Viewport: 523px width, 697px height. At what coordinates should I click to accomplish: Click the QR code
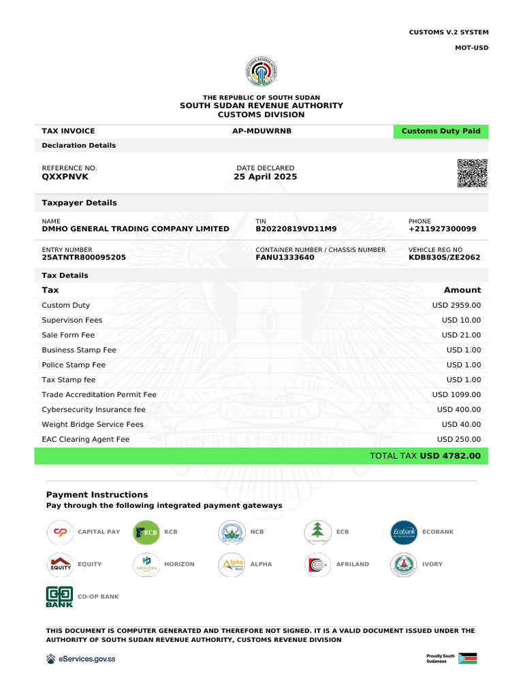coord(472,173)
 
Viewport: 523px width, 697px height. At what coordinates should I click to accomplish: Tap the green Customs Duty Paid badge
coord(441,131)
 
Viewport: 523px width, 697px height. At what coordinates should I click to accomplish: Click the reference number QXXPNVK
coord(65,177)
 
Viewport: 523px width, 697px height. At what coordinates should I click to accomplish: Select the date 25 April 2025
coord(265,177)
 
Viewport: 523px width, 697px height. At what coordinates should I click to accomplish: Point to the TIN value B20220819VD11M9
coord(296,229)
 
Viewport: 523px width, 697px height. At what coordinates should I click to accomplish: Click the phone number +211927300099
coord(442,229)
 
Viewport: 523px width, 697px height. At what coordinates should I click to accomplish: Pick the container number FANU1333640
coord(285,258)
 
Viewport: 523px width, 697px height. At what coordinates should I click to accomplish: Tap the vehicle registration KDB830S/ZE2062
coord(444,258)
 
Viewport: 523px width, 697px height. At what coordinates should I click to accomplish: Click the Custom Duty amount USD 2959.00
coord(456,306)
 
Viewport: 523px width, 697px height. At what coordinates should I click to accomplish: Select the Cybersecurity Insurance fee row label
coord(93,410)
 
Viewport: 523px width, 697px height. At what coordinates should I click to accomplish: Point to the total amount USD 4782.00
coord(450,456)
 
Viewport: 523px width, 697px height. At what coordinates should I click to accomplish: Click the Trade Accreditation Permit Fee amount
coord(456,395)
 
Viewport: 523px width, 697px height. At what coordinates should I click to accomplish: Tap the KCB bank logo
coord(146,532)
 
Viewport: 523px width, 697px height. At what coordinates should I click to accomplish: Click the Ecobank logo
coord(403,532)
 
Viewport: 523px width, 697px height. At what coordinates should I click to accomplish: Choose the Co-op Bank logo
coord(59,596)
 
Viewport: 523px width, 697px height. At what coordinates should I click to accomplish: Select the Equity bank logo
coord(59,564)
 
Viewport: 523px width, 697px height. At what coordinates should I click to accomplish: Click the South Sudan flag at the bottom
coord(468,659)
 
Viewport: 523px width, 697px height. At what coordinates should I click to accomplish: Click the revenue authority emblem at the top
coord(261,72)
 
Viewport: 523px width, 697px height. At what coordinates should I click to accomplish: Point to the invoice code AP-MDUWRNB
coord(261,131)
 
